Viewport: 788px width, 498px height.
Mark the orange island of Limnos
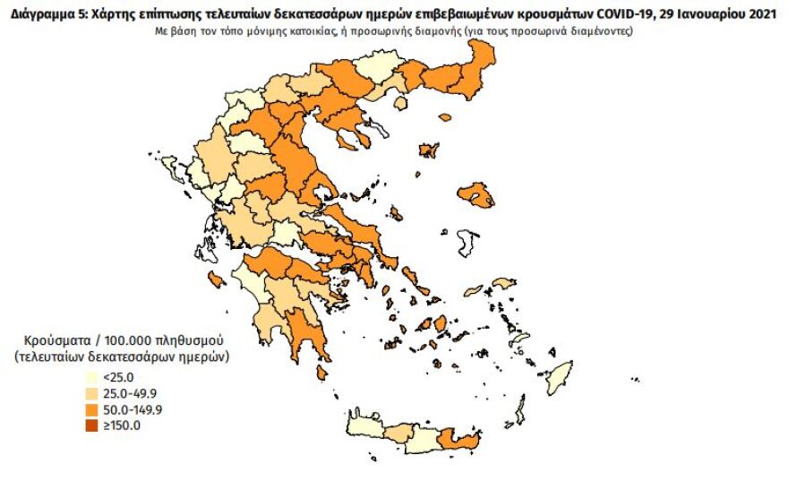pyautogui.click(x=428, y=150)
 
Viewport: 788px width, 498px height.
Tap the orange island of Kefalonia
pyautogui.click(x=215, y=280)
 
